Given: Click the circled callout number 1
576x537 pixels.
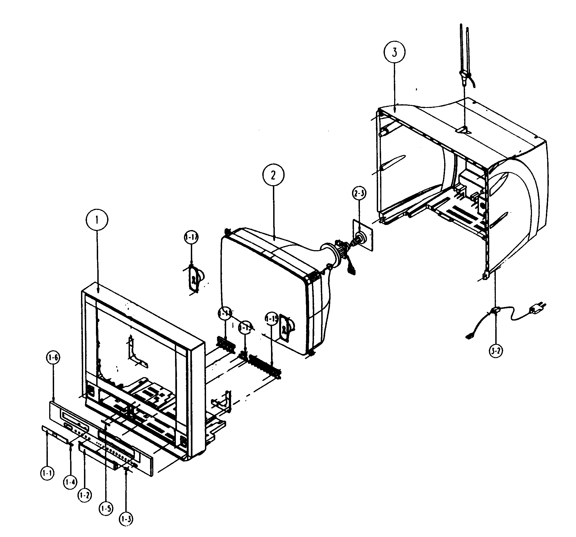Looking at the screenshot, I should pos(97,220).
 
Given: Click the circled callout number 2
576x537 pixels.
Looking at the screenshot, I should pos(273,175).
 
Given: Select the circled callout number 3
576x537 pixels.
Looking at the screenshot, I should pos(394,52).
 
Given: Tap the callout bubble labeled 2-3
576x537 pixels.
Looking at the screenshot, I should pos(359,193).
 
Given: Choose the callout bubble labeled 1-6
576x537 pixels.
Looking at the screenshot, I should pos(53,358).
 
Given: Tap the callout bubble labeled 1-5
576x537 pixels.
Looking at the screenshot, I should pos(106,508).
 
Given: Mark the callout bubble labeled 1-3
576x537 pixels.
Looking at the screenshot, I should pos(126,519).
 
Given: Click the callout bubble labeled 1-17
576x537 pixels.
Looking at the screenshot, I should pos(191,237).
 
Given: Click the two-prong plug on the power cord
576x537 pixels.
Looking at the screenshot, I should pos(537,309).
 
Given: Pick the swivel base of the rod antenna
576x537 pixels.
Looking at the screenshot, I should pos(465,77).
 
